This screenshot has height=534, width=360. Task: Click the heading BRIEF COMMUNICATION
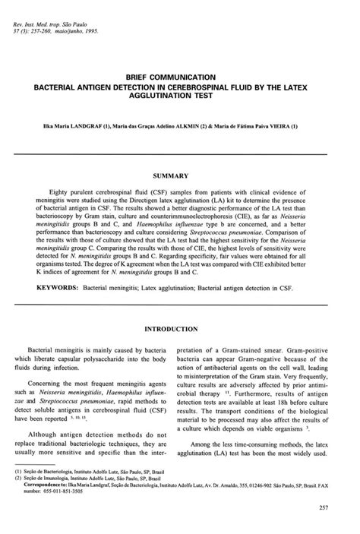click(180, 77)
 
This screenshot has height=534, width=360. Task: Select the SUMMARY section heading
click(180, 174)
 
